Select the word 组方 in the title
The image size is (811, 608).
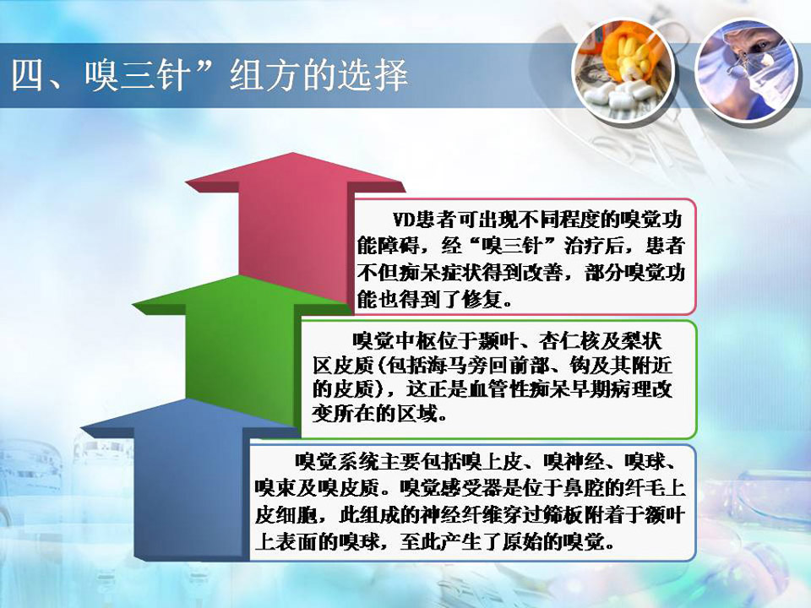264,75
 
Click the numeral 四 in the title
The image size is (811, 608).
27,75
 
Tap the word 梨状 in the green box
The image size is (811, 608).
641,341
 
